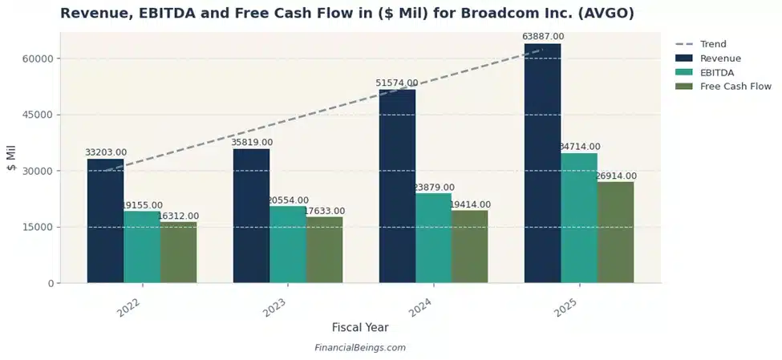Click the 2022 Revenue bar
pos(105,220)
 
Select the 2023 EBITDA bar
pos(287,245)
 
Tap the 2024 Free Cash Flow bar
pos(469,246)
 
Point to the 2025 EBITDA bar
pos(578,217)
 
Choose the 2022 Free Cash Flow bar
pos(178,252)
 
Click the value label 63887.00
pos(543,37)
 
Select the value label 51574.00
pos(397,83)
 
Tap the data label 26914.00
pos(615,176)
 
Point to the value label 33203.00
pos(106,152)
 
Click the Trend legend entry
pos(712,44)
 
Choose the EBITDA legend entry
pos(717,72)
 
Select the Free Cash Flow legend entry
pos(735,87)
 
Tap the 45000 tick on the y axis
pos(37,115)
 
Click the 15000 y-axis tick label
pos(37,227)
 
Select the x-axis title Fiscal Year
pos(360,327)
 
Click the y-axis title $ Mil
pos(11,158)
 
